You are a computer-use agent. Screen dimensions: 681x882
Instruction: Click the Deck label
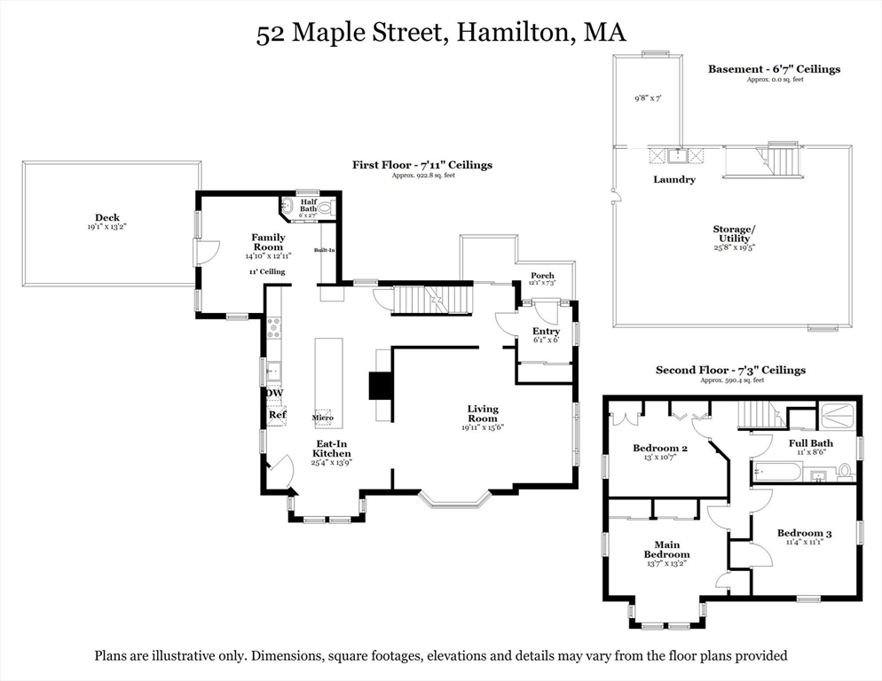107,218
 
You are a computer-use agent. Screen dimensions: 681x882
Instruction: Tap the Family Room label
268,242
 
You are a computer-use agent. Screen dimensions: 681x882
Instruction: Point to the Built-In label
325,250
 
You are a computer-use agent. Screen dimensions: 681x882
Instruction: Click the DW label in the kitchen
275,393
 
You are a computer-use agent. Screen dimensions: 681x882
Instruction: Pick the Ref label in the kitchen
278,414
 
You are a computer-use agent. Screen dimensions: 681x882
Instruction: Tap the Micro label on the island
321,417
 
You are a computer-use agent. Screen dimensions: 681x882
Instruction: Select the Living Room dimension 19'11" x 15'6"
483,427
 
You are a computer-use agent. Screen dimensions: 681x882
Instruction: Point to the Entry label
546,331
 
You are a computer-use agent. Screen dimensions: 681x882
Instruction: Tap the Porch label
542,276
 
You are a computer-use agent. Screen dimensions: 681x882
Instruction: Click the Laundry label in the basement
674,179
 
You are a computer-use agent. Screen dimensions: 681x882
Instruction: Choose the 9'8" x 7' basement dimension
649,98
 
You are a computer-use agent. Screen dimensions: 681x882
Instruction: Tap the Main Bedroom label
666,549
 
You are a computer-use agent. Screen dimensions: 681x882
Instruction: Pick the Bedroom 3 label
804,533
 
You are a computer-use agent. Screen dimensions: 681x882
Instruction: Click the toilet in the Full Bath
844,470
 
